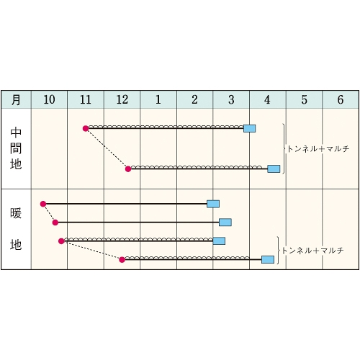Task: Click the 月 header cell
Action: [16, 99]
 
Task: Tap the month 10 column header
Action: [49, 99]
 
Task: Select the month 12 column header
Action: [122, 99]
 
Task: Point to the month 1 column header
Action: [158, 99]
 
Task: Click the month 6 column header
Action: [341, 99]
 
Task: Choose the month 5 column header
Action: [304, 99]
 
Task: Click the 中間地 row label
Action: [16, 148]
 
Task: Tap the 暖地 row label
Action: [16, 229]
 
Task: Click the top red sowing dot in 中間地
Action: [86, 129]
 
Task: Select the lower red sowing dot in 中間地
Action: [128, 169]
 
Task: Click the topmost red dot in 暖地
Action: [43, 204]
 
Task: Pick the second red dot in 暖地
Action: [55, 222]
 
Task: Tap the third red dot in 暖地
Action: [61, 241]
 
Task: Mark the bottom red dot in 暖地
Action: [122, 259]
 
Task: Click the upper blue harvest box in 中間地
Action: [250, 129]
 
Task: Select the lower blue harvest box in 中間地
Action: [274, 169]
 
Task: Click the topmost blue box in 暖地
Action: [213, 204]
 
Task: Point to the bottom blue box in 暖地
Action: [268, 259]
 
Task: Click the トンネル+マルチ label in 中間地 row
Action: [318, 149]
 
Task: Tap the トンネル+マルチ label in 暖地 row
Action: [312, 251]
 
